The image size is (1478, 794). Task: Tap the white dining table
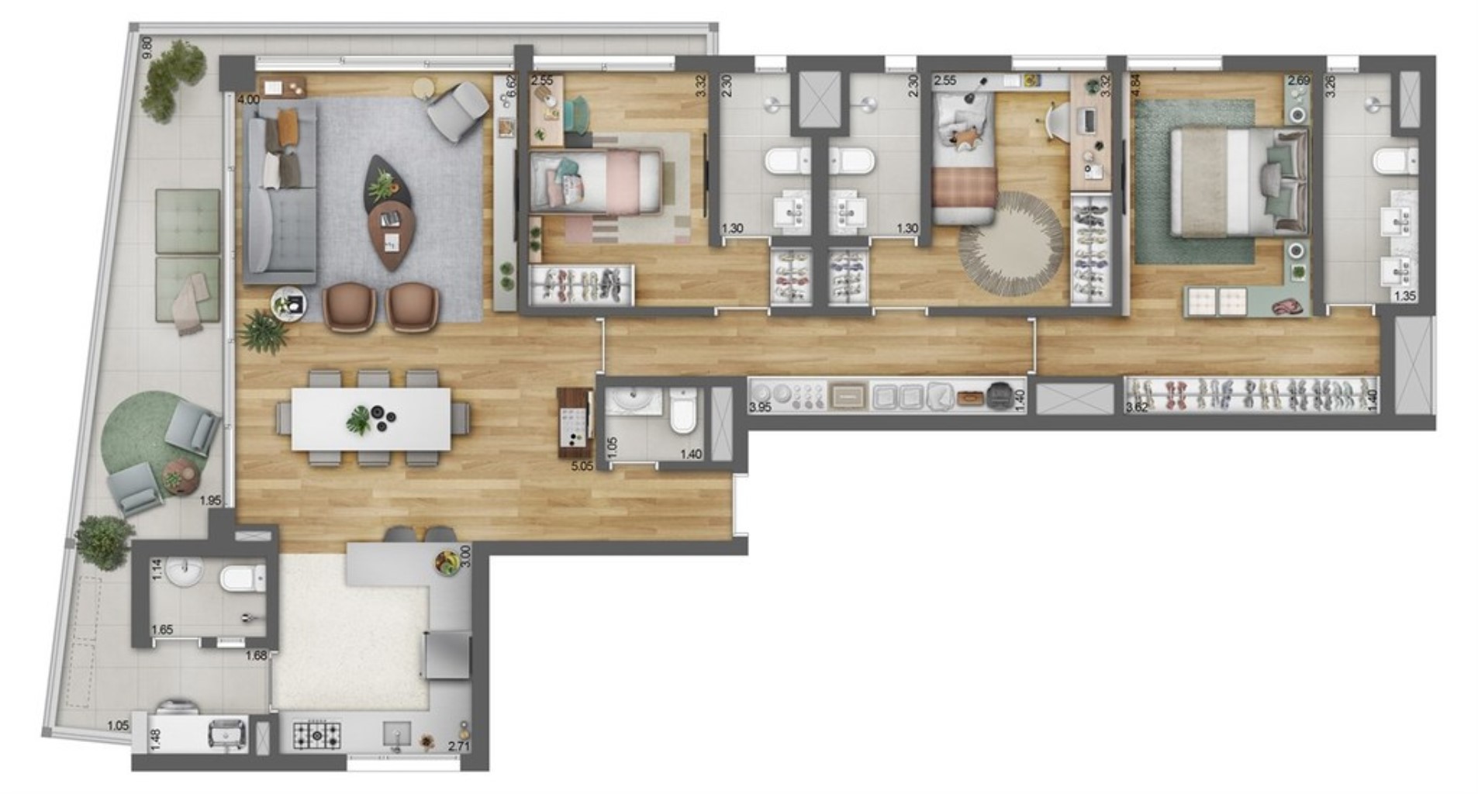(x=371, y=418)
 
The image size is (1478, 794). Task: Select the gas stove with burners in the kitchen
(x=316, y=734)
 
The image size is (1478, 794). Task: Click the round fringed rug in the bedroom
(x=1011, y=243)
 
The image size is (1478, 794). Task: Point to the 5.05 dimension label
(x=582, y=466)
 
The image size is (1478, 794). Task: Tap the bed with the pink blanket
(x=595, y=181)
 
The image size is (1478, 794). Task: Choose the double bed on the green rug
(x=1238, y=181)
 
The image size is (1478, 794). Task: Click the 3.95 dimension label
(x=760, y=406)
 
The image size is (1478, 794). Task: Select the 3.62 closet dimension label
(x=1137, y=406)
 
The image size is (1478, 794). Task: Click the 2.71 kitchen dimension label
(x=459, y=747)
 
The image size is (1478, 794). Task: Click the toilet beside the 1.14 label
(x=242, y=578)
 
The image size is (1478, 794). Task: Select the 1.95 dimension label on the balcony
(x=210, y=501)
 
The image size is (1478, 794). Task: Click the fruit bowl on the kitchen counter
(x=447, y=562)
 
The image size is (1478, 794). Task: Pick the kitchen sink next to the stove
(x=397, y=734)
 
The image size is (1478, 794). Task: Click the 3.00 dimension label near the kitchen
(x=465, y=556)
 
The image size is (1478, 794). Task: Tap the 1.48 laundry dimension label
(x=155, y=739)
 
